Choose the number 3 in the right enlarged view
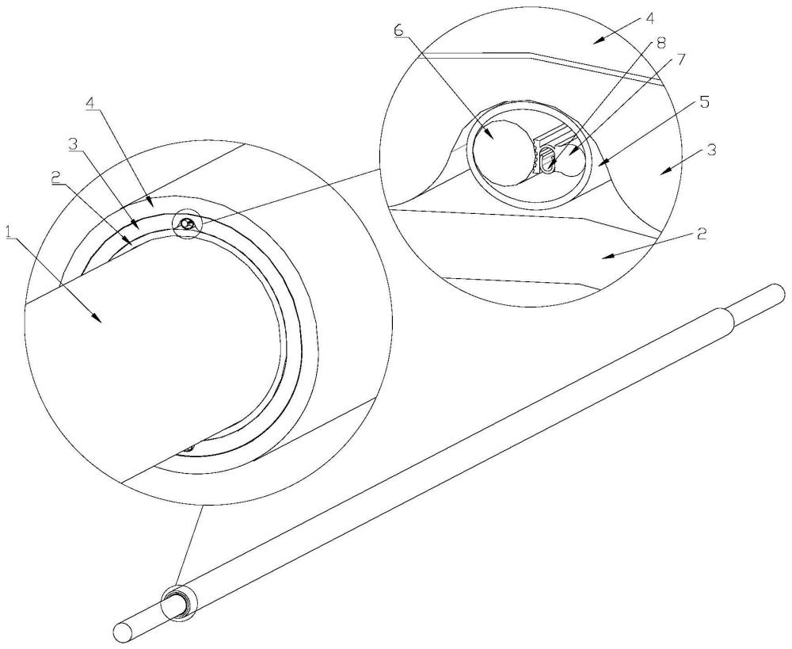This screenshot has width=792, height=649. tap(712, 150)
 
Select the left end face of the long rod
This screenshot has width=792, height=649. tap(122, 632)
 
